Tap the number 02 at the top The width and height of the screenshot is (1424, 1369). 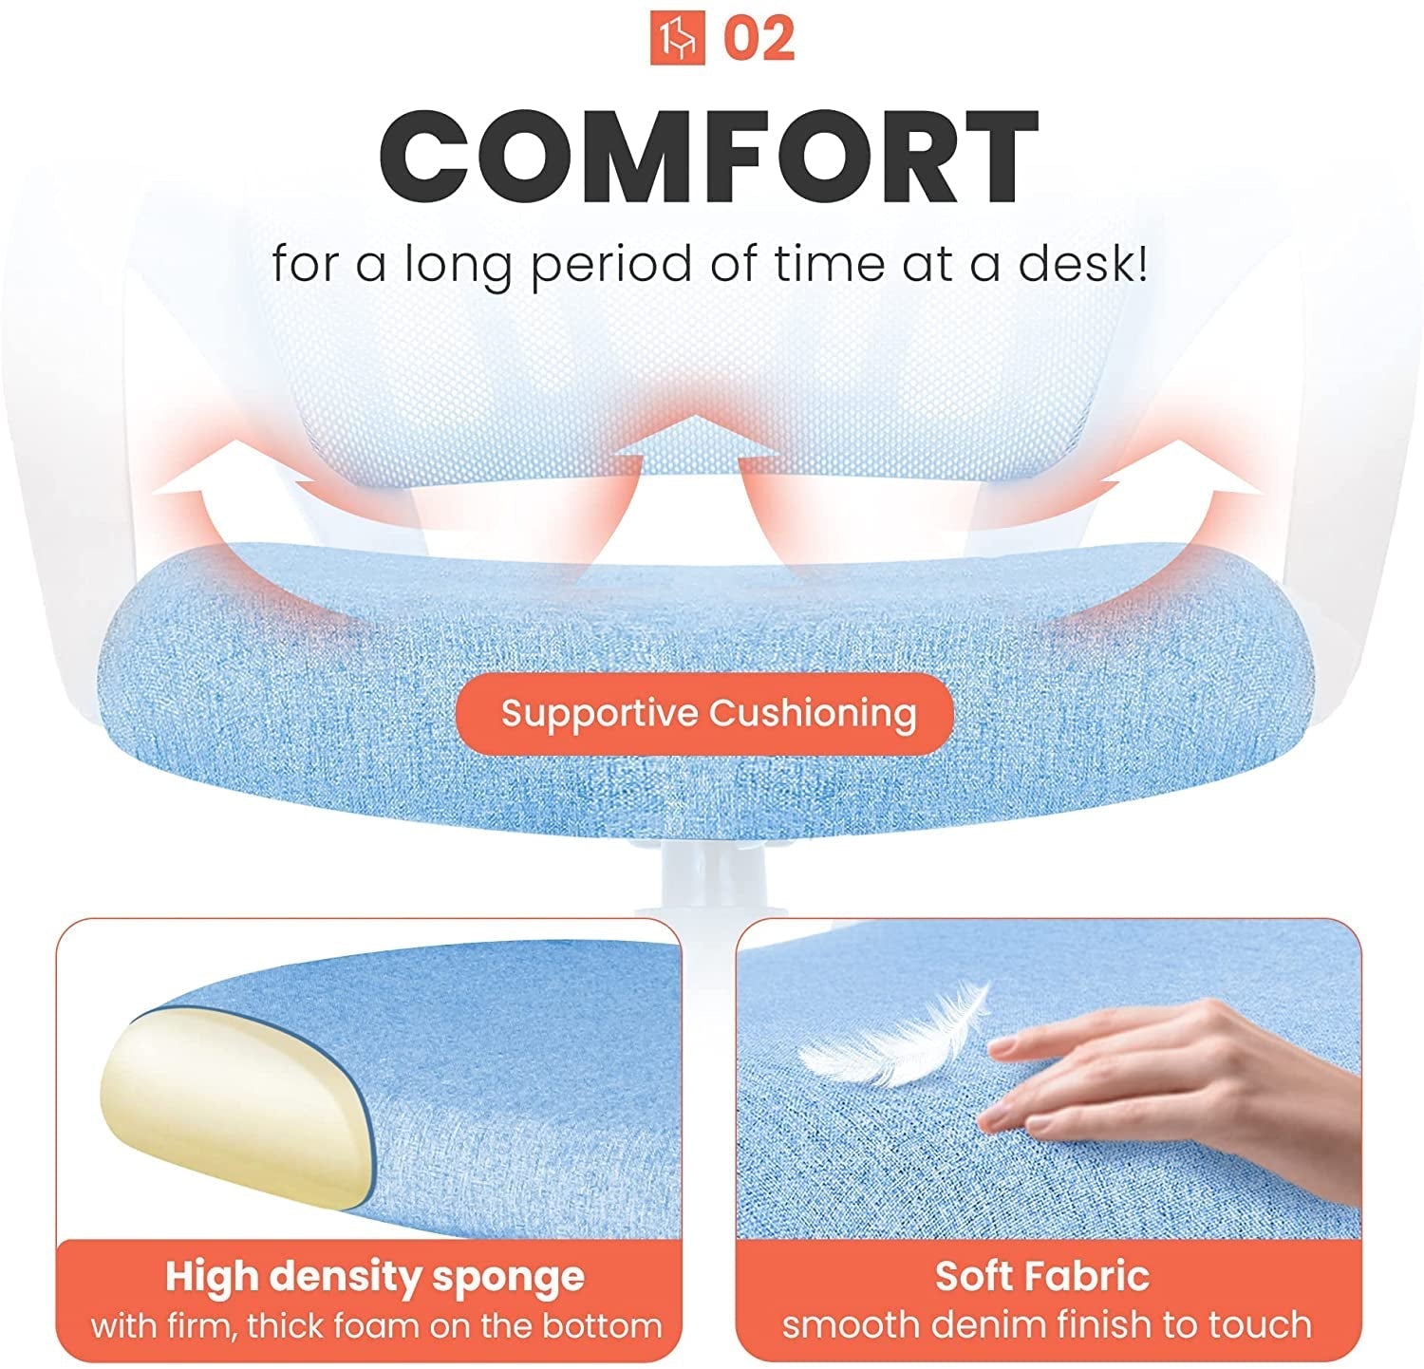pos(759,38)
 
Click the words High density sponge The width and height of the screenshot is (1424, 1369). pos(375,1277)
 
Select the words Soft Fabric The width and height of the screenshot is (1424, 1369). pos(1042,1276)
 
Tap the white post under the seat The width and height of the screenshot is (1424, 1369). pos(707,878)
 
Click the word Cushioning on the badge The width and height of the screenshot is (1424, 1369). pos(813,714)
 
